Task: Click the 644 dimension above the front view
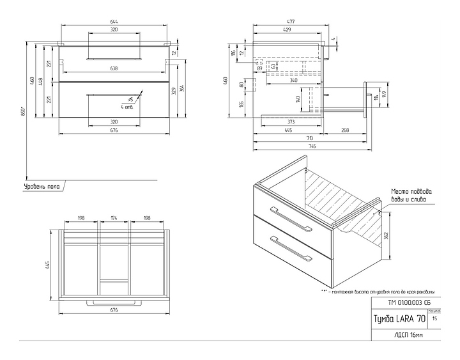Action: pyautogui.click(x=114, y=20)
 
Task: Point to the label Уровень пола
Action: pyautogui.click(x=42, y=187)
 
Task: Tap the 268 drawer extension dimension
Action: pyautogui.click(x=344, y=129)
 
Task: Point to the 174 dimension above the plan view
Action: pyautogui.click(x=114, y=218)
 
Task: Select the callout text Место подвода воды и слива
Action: pyautogui.click(x=411, y=195)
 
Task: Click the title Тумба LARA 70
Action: pyautogui.click(x=400, y=318)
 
